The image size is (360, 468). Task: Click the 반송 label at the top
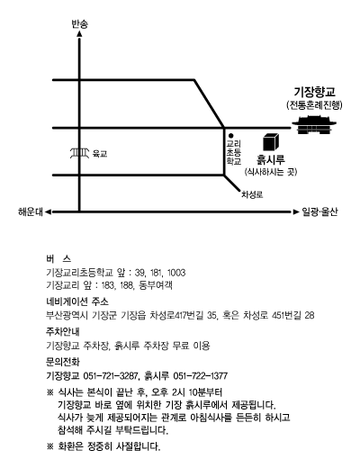79,24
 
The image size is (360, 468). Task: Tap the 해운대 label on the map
31,211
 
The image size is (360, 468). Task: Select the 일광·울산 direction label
319,211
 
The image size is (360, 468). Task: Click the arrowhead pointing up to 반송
79,33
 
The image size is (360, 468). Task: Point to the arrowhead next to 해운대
48,212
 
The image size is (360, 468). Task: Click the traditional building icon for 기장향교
314,124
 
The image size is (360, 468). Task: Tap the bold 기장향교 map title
314,92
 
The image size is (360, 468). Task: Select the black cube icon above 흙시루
271,142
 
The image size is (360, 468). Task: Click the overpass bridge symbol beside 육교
79,153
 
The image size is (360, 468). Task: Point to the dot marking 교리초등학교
231,136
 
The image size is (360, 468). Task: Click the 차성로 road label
252,194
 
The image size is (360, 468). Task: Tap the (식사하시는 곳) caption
271,172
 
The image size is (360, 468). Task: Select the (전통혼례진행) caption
314,105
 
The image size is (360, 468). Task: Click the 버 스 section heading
58,258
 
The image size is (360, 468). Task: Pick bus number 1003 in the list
176,273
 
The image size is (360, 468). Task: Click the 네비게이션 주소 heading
77,301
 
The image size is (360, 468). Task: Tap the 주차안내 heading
63,331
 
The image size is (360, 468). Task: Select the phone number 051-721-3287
111,375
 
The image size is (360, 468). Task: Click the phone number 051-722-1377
201,375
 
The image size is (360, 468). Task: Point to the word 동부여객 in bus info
156,285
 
